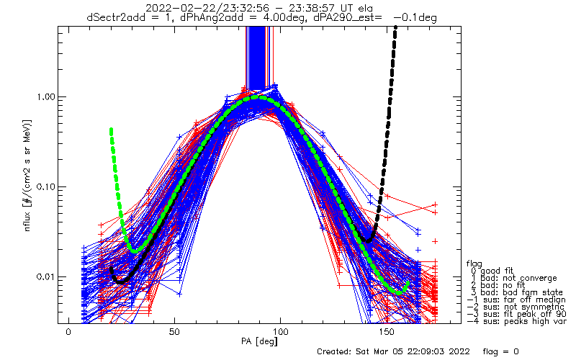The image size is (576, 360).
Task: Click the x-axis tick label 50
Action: pyautogui.click(x=174, y=332)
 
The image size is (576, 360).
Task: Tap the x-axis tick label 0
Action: pyautogui.click(x=68, y=332)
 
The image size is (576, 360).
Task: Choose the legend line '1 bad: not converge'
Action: pyautogui.click(x=512, y=279)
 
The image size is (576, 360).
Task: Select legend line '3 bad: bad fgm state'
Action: pyautogui.click(x=514, y=295)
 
